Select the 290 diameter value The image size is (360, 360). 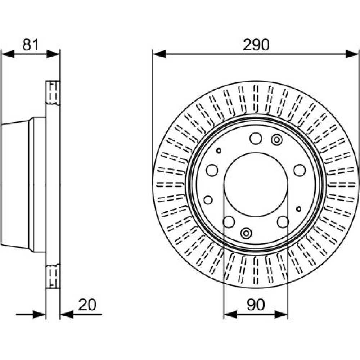(x=256, y=45)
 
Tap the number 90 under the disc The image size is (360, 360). (x=256, y=305)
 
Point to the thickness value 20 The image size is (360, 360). (x=87, y=305)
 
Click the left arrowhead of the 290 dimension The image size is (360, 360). (x=159, y=54)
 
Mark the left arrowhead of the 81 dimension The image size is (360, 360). (x=8, y=54)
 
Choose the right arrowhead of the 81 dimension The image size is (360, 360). (x=53, y=54)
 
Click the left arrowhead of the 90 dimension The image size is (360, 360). (x=230, y=315)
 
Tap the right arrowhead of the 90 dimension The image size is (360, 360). (x=281, y=315)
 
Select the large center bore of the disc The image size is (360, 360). (x=256, y=184)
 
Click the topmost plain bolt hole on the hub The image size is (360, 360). (x=256, y=139)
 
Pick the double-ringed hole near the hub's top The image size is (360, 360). (x=276, y=140)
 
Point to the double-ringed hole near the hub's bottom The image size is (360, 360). (x=246, y=233)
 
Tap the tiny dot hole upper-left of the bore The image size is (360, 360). (x=219, y=150)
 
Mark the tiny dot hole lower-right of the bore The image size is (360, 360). (x=299, y=209)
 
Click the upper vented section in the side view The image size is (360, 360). (x=53, y=93)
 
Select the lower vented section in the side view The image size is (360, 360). (x=53, y=276)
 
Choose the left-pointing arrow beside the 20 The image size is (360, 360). (x=67, y=315)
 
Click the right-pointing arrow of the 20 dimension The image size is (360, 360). (x=39, y=315)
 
